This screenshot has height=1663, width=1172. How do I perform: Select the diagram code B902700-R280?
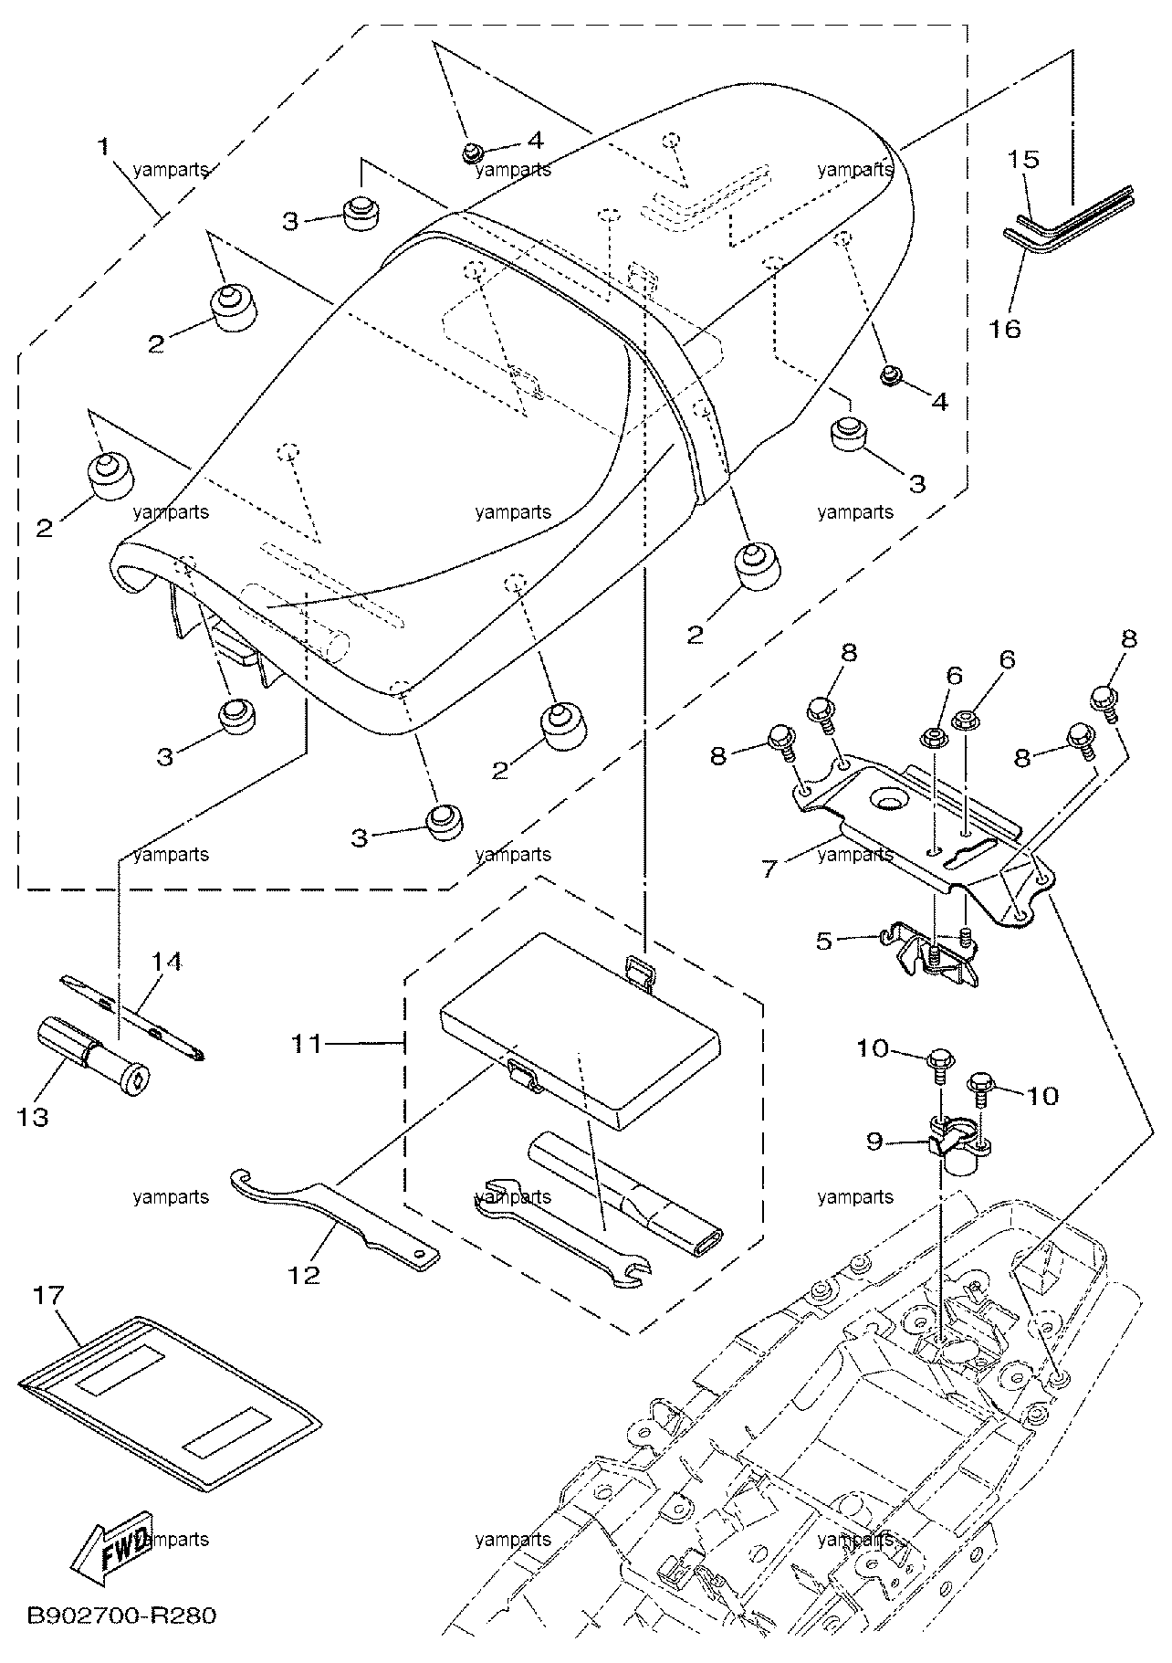point(122,1616)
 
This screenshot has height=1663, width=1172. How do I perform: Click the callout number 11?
point(307,1042)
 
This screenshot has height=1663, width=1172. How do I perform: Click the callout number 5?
point(824,940)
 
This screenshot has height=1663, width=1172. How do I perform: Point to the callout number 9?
point(875,1141)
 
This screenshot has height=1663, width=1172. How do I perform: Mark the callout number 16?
point(1006,328)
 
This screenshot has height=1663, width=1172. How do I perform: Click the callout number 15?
point(1023,160)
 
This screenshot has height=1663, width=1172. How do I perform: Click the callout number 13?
point(34,1116)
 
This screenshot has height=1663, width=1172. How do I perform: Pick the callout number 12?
point(306,1274)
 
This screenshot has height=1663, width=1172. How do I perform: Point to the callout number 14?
point(167,961)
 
